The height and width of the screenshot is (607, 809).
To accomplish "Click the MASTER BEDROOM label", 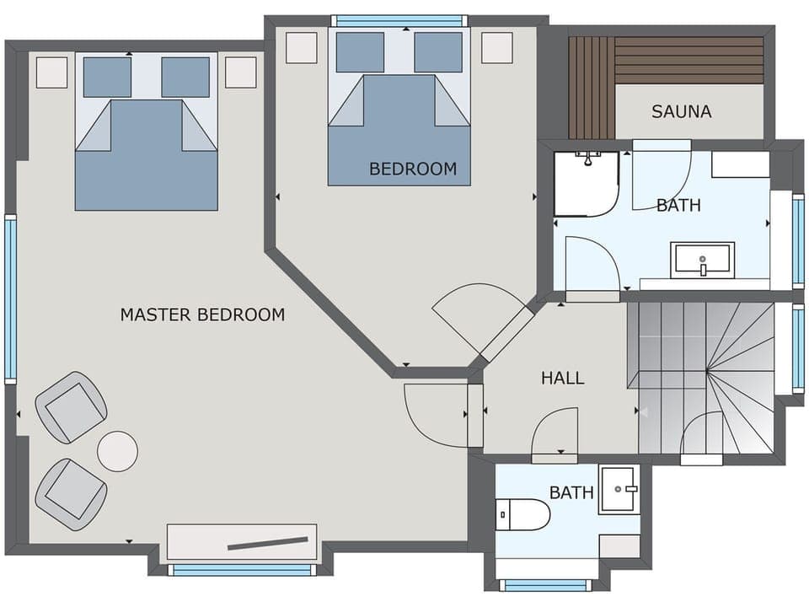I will click(x=202, y=315).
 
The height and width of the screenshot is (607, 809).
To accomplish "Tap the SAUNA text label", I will click(x=681, y=111).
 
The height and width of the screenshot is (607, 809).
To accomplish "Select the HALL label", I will click(x=562, y=379).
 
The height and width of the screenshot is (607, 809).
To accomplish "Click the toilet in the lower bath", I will click(x=522, y=513).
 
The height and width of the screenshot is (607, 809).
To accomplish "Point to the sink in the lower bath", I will click(x=619, y=489).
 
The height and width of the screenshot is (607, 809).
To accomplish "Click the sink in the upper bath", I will click(x=702, y=260).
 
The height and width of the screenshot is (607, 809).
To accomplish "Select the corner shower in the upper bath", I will click(x=586, y=183).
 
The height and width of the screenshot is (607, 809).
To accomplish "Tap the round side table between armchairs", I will click(x=117, y=451).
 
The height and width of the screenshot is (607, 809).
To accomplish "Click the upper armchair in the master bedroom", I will click(x=72, y=407).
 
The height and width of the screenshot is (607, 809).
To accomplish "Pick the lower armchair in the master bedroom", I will click(x=71, y=493).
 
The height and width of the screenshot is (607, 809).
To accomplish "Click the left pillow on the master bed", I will click(x=107, y=77).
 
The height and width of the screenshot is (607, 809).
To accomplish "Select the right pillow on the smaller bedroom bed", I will click(x=438, y=52).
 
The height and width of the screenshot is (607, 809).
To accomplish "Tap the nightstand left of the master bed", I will click(x=51, y=72).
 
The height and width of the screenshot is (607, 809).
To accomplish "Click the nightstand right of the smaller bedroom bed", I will click(x=496, y=47).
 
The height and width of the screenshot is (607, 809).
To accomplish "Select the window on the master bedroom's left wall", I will click(x=10, y=299).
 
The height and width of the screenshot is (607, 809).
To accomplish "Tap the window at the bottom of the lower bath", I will click(x=544, y=584).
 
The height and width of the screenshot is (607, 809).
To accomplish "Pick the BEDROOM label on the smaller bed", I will click(x=413, y=169).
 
